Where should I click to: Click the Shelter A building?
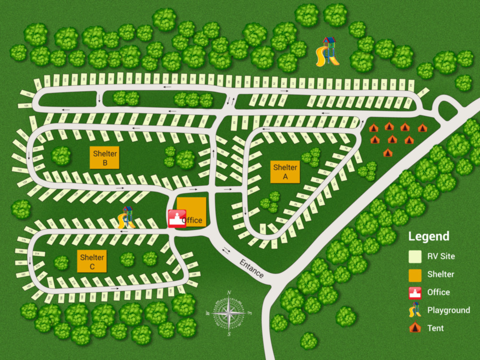285,171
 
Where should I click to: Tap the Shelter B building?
104,157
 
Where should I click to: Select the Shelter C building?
92,262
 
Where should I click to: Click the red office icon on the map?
177,219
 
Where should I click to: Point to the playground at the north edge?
328,51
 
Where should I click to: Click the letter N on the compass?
229,293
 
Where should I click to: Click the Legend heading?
429,236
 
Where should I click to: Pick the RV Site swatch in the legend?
415,256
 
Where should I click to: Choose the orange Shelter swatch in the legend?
415,275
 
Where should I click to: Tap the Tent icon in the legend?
415,328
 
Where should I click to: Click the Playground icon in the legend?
415,311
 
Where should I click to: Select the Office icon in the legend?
415,292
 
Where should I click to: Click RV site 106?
24,105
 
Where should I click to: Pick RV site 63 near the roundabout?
422,92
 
